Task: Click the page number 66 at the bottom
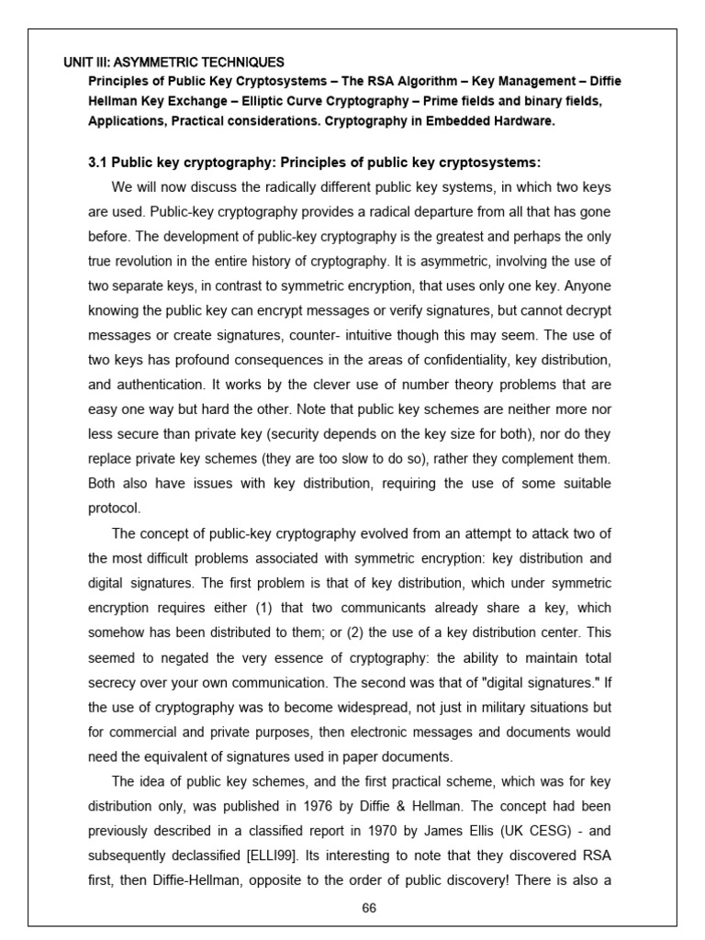pyautogui.click(x=370, y=908)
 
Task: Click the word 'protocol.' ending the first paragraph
pyautogui.click(x=115, y=507)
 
